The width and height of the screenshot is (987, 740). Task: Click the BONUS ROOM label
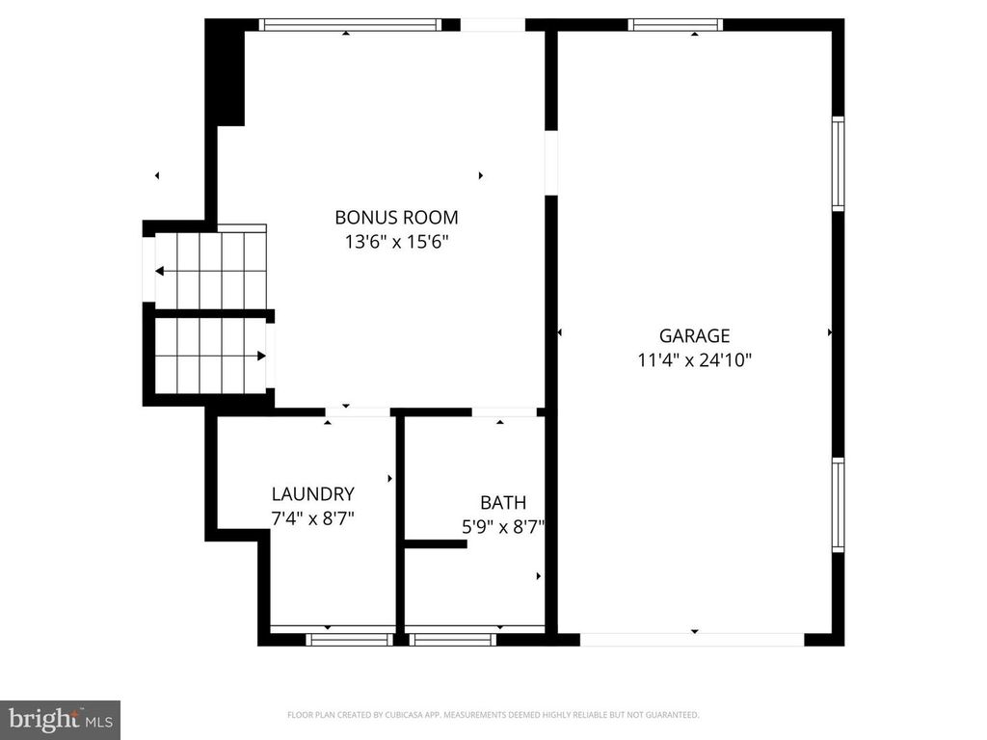[396, 218]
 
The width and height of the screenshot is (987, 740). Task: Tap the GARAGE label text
[694, 336]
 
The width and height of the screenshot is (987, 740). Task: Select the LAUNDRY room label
[312, 494]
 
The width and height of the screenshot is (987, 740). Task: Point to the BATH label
[503, 502]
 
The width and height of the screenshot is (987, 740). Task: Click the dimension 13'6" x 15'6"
[396, 243]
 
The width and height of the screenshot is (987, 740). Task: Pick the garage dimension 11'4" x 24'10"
[694, 361]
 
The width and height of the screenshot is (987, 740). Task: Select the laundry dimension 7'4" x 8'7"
[312, 518]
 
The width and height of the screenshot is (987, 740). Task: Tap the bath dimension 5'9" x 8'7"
[503, 526]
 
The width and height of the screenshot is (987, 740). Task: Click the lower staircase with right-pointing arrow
[210, 355]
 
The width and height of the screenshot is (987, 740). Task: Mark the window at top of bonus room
[351, 25]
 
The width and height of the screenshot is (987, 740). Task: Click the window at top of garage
[675, 25]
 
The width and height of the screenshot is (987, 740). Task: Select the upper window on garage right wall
[838, 164]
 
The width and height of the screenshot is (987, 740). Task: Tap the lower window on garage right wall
[838, 505]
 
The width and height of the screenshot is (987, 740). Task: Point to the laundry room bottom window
[335, 639]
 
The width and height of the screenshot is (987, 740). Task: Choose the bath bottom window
[453, 639]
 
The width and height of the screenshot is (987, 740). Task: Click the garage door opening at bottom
[692, 639]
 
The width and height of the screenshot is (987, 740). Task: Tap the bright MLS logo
[60, 719]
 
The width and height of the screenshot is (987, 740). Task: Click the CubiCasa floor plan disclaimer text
[493, 715]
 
